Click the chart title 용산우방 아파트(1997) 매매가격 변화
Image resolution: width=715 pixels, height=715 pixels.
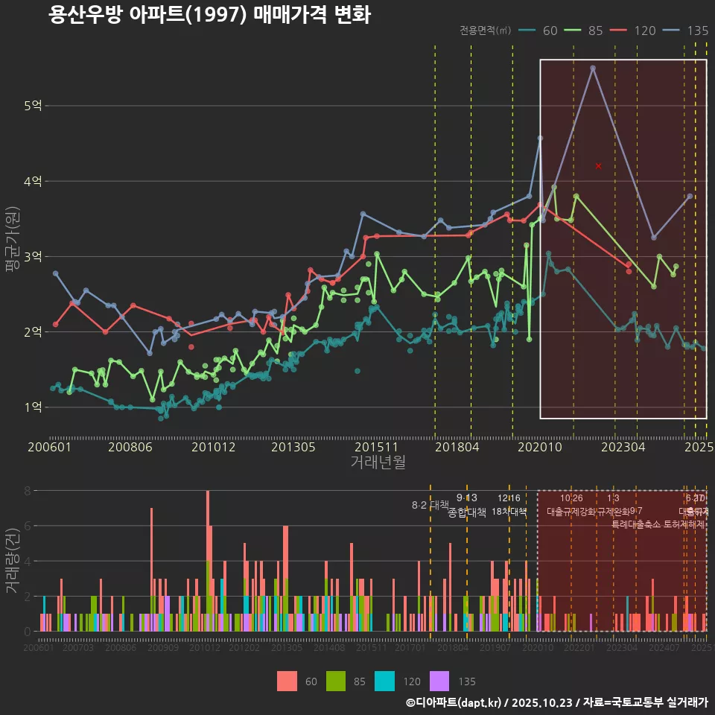[209, 15]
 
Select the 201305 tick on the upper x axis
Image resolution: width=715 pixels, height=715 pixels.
[293, 448]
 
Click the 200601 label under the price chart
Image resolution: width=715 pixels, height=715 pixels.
[49, 448]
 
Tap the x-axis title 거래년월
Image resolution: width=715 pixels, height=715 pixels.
[378, 463]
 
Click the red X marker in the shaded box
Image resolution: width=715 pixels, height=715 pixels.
[598, 166]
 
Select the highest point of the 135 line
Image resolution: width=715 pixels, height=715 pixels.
[593, 68]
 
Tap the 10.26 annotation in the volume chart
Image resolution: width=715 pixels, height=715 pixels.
[571, 498]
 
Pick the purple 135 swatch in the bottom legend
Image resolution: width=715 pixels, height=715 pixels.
[440, 681]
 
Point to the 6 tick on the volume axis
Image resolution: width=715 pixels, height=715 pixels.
[27, 526]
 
